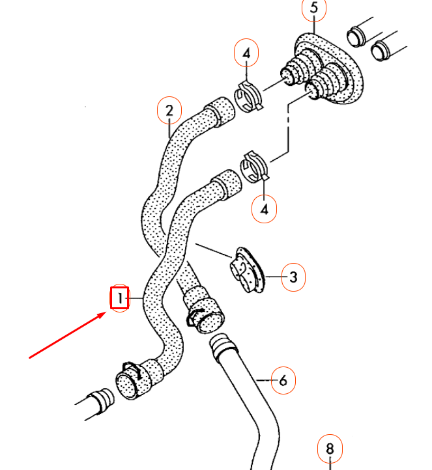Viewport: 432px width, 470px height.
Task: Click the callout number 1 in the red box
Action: point(120,299)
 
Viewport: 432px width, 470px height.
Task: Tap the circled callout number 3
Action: point(293,277)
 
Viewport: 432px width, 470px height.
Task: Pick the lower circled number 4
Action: point(265,209)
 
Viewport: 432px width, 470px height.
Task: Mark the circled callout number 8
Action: point(330,449)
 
